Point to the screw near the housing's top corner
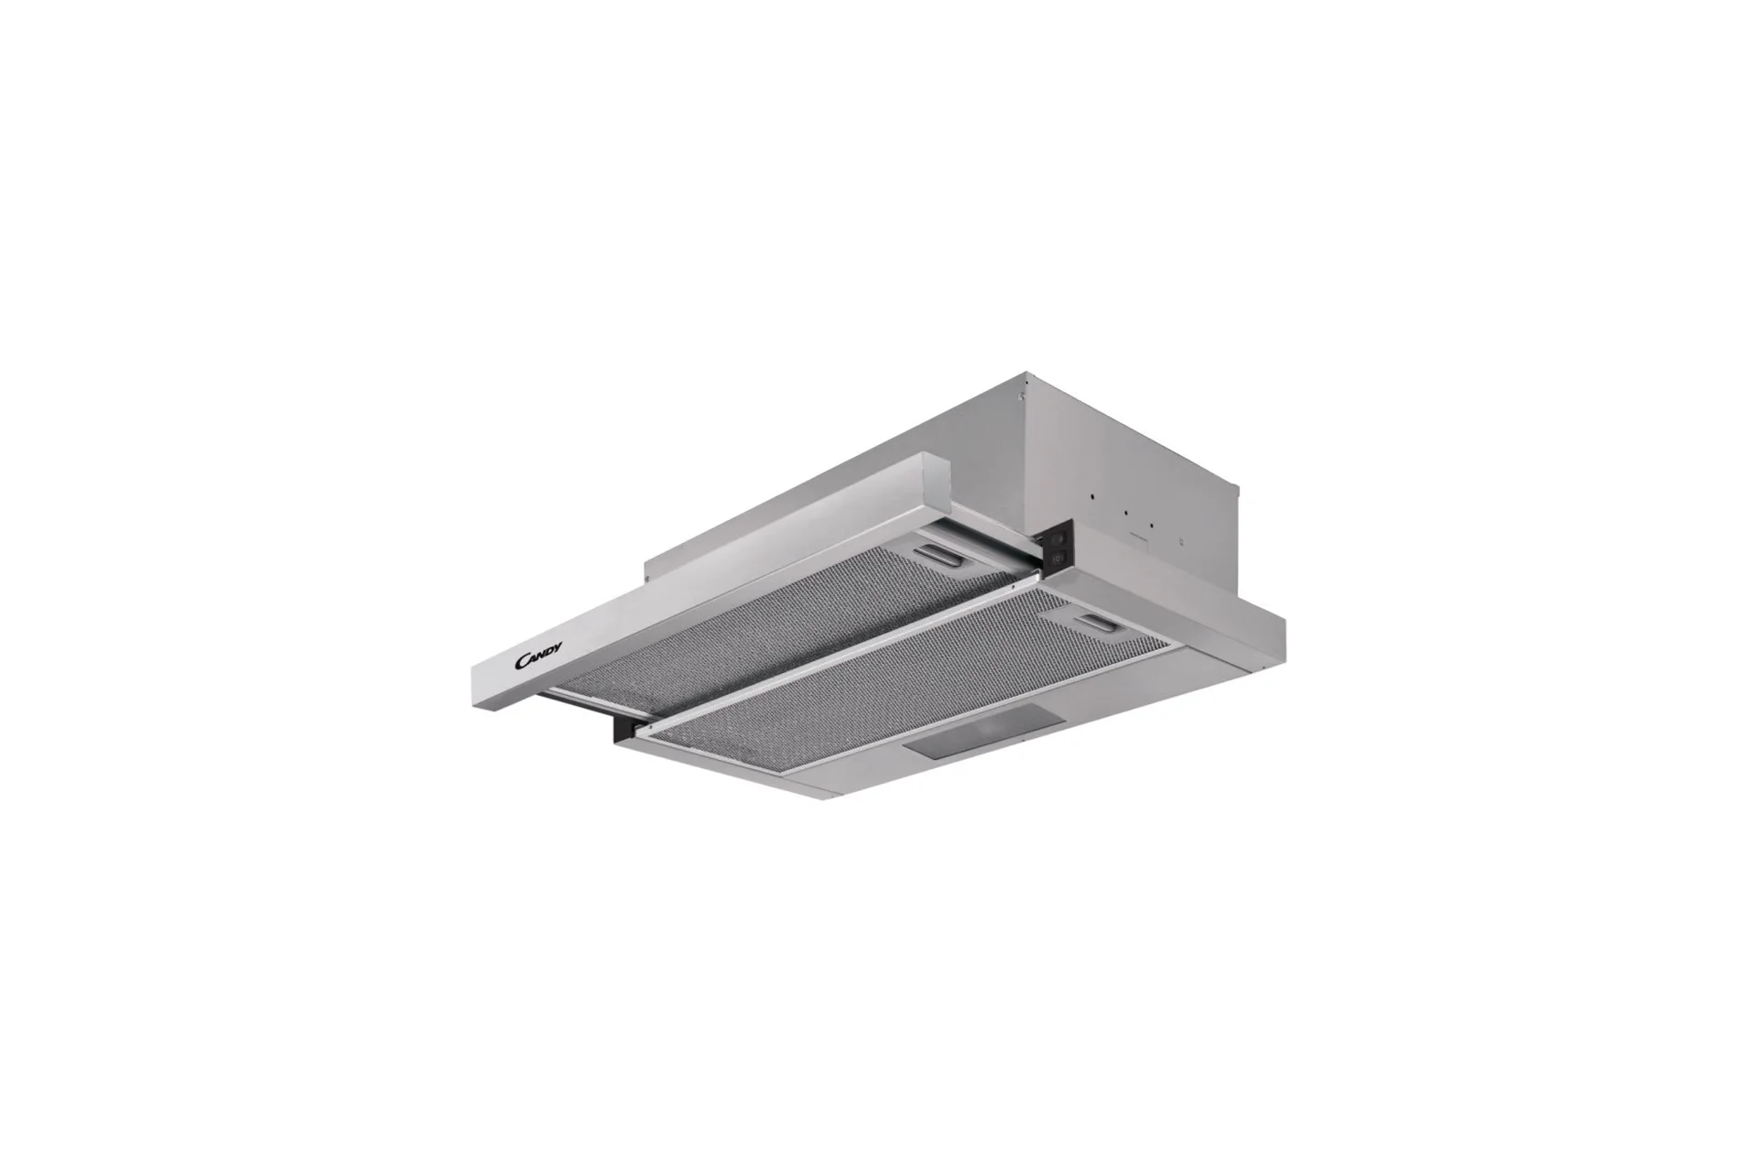pyautogui.click(x=1019, y=396)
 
